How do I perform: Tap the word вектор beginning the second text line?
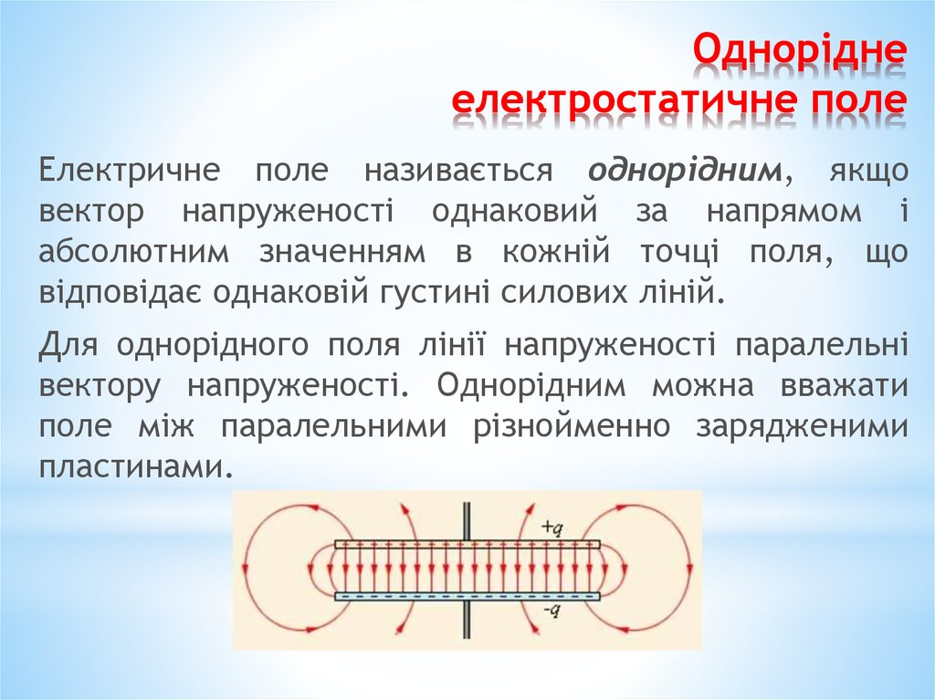(91, 211)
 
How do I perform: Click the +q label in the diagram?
(550, 527)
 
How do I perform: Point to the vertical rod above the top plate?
(467, 521)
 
